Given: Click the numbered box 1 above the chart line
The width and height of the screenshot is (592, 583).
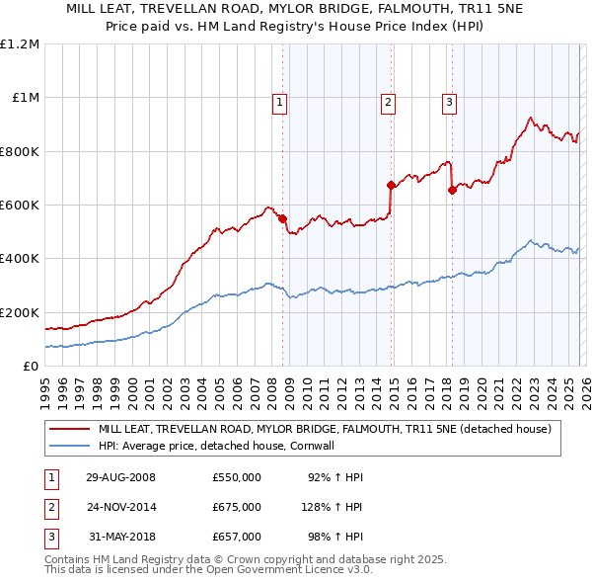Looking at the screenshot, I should pyautogui.click(x=279, y=101).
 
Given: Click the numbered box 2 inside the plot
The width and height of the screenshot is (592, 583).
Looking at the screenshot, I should pyautogui.click(x=389, y=101).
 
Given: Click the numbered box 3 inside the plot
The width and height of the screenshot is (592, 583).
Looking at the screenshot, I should pyautogui.click(x=449, y=101).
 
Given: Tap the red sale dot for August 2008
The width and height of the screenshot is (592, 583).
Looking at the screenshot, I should pyautogui.click(x=282, y=218).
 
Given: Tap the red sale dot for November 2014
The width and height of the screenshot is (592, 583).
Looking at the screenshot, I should pyautogui.click(x=391, y=185).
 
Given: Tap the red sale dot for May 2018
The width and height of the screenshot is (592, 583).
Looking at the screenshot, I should pyautogui.click(x=452, y=191).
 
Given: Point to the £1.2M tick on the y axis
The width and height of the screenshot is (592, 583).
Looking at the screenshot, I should pyautogui.click(x=20, y=44).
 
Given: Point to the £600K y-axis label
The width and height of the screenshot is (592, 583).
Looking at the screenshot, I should pyautogui.click(x=20, y=206).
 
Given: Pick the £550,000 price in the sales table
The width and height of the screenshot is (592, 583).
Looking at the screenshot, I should pyautogui.click(x=237, y=477).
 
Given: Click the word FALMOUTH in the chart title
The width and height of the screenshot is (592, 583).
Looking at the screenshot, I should pyautogui.click(x=380, y=8).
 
